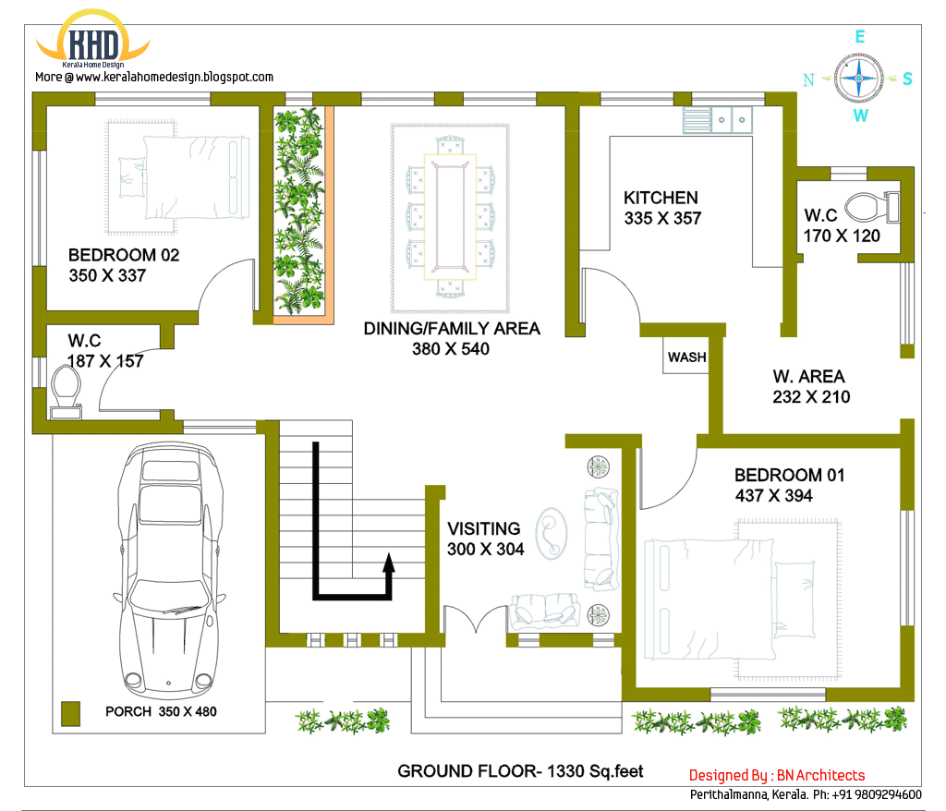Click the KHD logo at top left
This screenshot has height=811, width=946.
92,44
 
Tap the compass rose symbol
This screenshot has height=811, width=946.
859,78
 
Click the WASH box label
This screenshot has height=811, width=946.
686,357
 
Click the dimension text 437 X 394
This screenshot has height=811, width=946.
773,496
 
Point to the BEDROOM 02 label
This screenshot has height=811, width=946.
124,255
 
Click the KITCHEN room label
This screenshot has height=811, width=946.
661,198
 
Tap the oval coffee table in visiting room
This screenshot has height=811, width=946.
552,534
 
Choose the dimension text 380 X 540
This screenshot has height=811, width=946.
451,349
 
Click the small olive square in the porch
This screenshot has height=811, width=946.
69,712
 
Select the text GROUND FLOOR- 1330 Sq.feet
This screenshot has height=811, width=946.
520,770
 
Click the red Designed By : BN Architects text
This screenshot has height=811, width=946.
777,775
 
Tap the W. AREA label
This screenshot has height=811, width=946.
808,377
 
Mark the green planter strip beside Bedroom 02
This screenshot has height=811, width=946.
300,211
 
